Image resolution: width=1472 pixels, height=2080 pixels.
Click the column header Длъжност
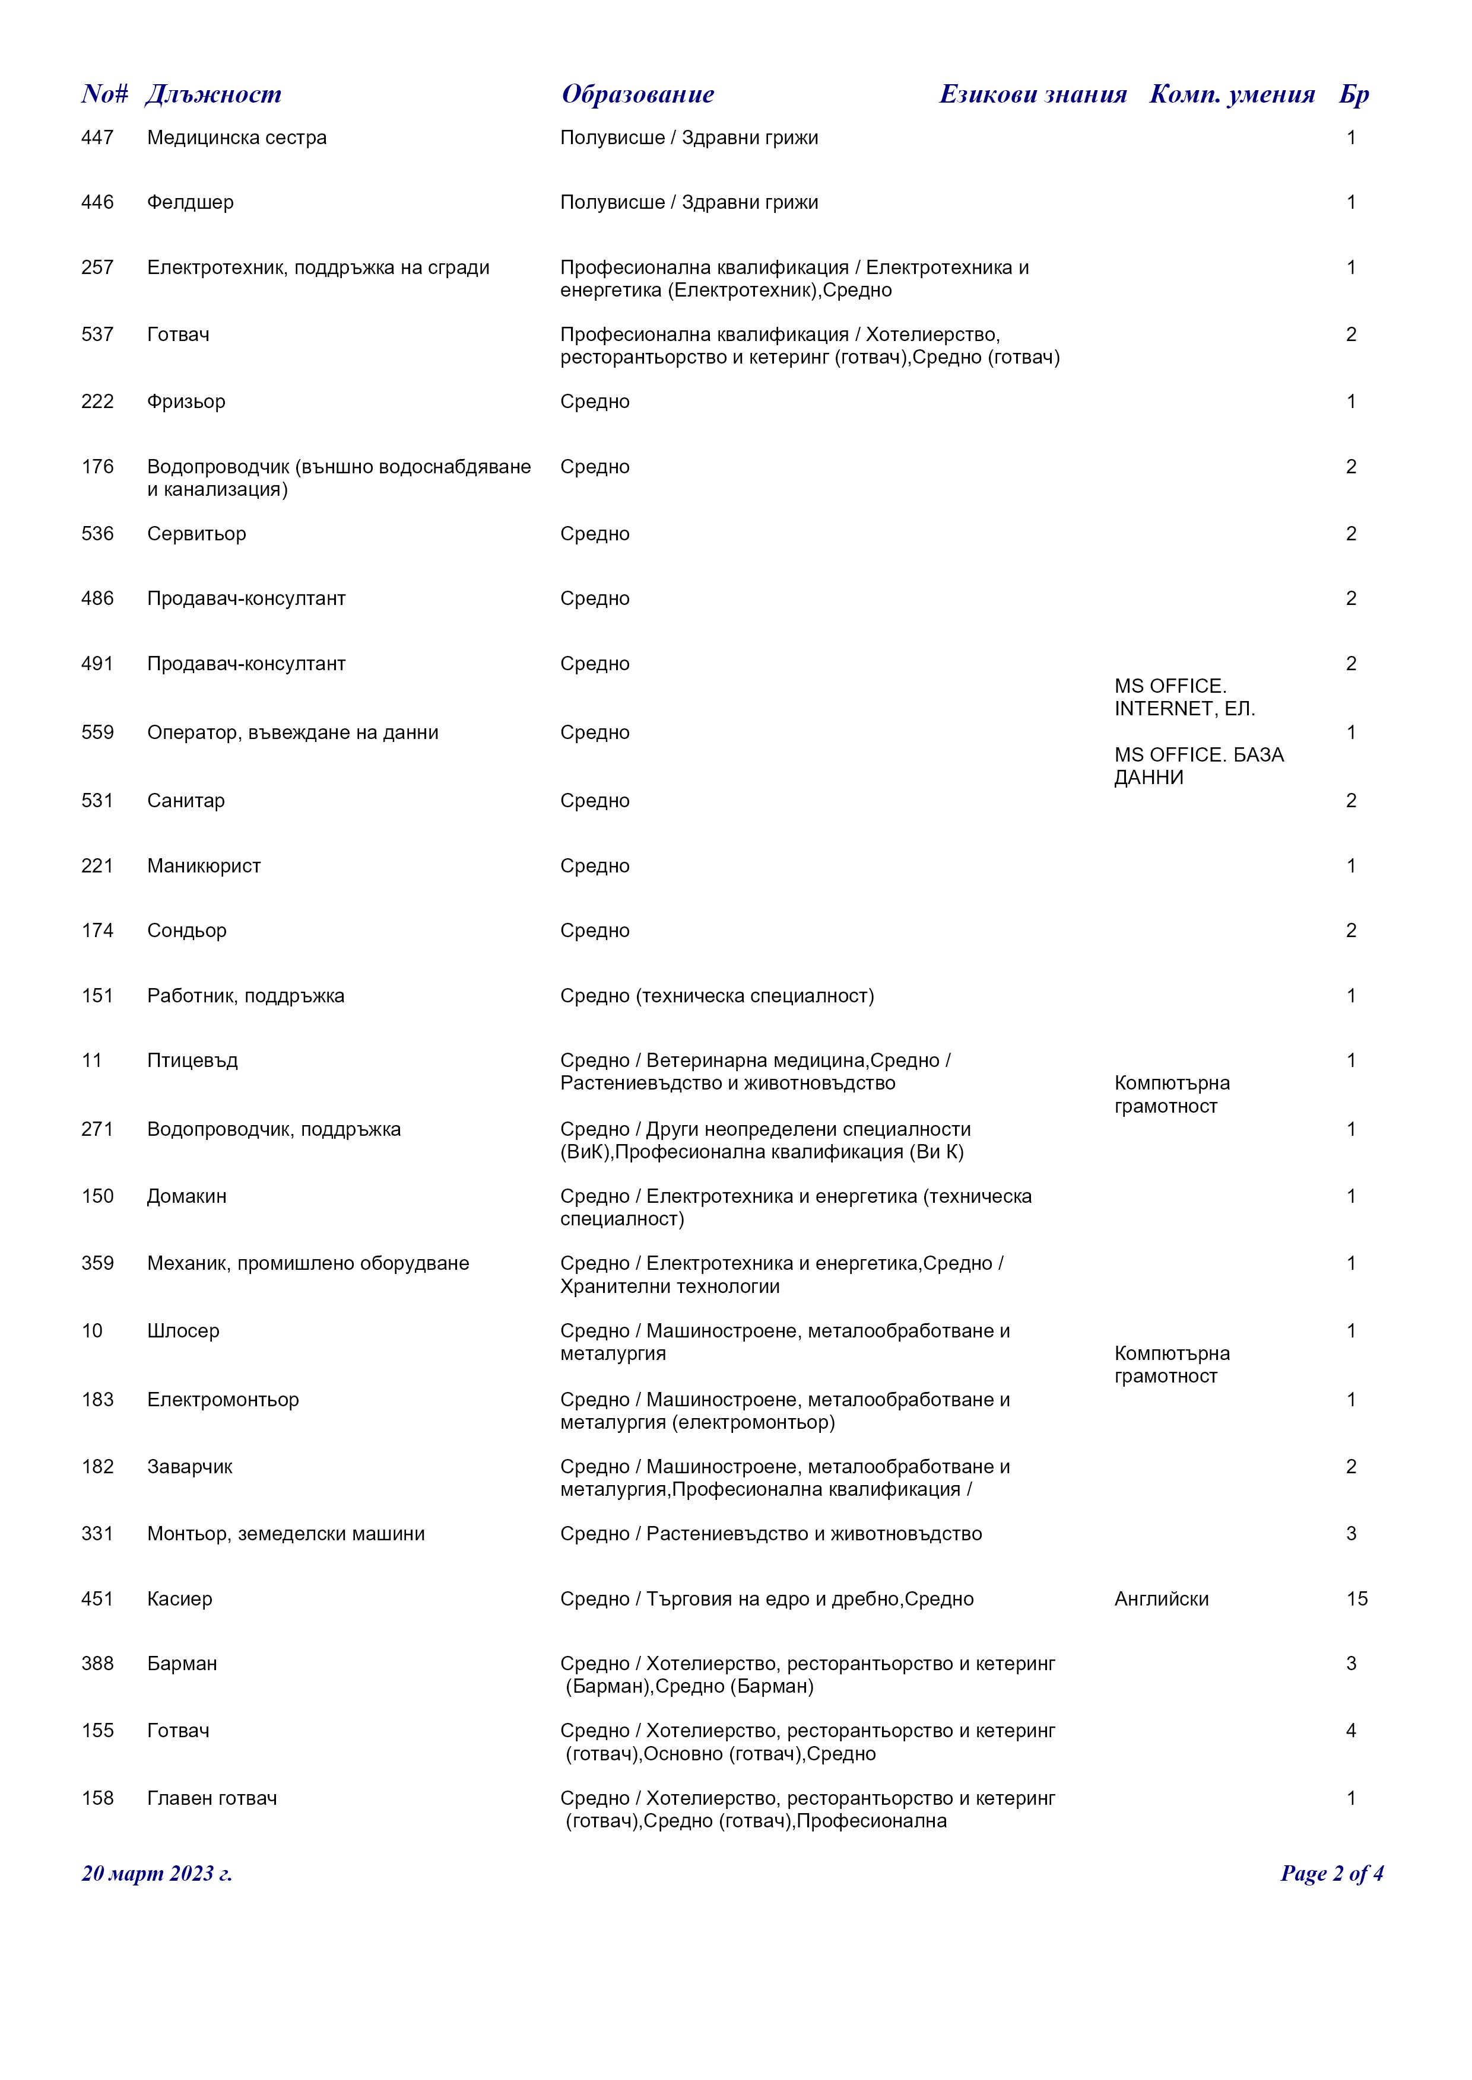coord(214,94)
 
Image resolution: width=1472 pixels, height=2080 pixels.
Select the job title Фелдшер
coord(191,202)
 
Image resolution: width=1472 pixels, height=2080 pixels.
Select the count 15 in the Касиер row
coord(1356,1599)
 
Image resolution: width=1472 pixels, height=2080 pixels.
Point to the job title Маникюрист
coord(204,866)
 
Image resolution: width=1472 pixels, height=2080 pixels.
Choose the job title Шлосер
coord(183,1331)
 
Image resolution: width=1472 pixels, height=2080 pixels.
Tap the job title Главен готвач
coord(212,1798)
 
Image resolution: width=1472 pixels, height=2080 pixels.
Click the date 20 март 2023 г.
coord(157,1874)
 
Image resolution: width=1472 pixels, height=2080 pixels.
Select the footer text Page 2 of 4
coord(1331,1874)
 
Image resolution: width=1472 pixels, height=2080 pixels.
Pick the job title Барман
coord(182,1663)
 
